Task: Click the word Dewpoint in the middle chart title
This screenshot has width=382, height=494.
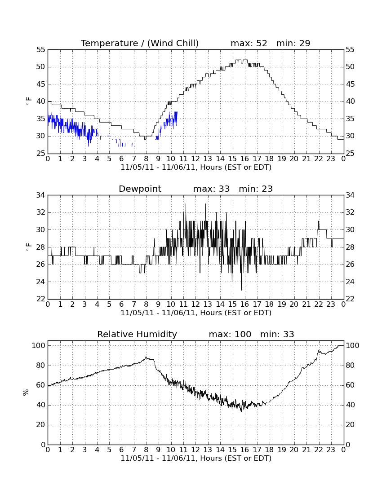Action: pos(140,189)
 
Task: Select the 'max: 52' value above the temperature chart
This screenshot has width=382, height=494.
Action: pos(249,43)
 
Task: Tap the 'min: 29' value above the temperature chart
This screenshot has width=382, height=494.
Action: pos(293,43)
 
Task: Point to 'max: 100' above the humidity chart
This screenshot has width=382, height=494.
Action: pos(230,334)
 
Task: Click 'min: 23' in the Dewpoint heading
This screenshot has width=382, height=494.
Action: pos(256,189)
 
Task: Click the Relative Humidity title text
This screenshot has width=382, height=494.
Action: pos(137,334)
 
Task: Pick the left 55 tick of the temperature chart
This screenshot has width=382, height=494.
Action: pos(41,50)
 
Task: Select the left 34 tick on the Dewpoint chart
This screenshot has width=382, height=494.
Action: pos(41,195)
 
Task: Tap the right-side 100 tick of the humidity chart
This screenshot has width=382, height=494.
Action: pos(352,346)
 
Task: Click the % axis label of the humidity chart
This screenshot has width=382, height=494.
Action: pos(26,392)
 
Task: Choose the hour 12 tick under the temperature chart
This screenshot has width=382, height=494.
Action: pos(195,159)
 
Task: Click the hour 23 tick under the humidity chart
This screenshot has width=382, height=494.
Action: pos(331,450)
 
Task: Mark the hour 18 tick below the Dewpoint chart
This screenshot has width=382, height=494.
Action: pos(270,304)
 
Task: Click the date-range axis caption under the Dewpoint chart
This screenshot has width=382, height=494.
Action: pos(196,313)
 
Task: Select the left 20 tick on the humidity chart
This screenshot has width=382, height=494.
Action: pos(41,425)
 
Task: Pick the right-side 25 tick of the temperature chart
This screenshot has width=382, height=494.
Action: pos(350,154)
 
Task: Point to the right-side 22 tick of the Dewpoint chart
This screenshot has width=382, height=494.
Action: pos(350,299)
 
